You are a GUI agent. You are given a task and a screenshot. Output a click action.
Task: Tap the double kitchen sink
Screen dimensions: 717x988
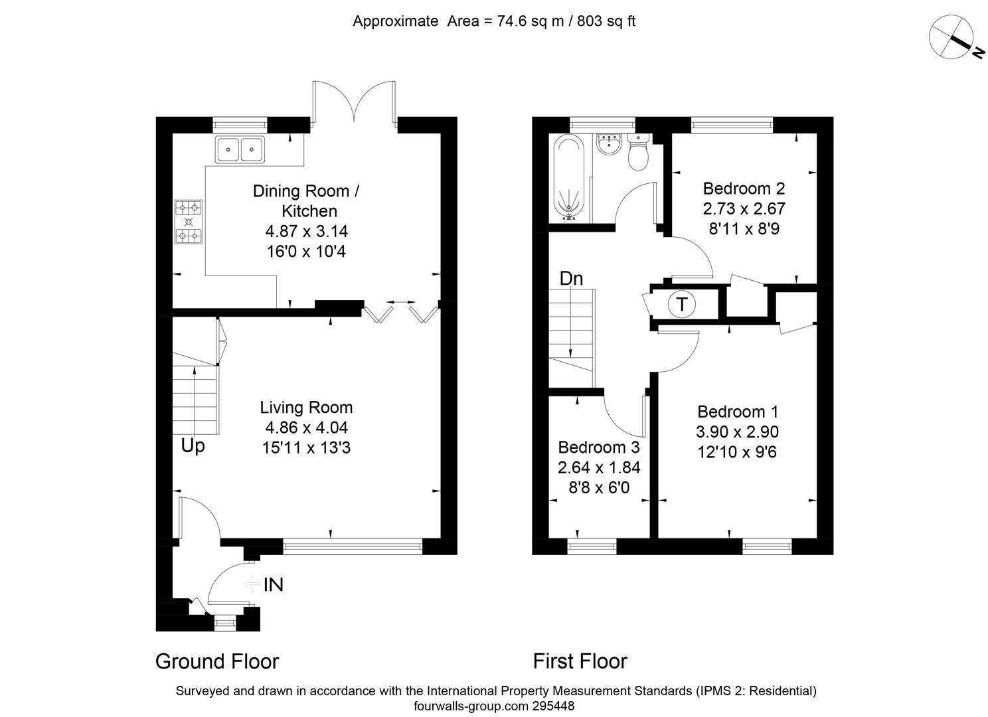click(x=240, y=149)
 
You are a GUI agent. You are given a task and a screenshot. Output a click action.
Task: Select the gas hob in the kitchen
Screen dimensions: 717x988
click(x=188, y=222)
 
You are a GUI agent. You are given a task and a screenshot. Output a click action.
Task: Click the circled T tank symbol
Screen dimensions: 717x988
click(x=681, y=305)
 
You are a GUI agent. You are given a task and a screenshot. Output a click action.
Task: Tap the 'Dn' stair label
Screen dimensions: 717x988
click(x=571, y=279)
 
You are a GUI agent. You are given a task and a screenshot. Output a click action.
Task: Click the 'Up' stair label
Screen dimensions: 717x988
click(x=193, y=446)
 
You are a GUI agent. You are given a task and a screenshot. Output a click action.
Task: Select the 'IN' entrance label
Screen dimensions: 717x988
click(x=274, y=585)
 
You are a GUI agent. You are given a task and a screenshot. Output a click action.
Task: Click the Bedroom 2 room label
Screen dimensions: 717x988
click(x=744, y=188)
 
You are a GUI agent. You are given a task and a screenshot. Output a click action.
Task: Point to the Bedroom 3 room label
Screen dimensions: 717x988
click(x=598, y=447)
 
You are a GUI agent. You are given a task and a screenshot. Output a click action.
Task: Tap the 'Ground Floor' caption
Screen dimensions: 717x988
click(x=217, y=661)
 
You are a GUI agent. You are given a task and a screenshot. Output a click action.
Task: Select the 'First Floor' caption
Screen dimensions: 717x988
click(x=580, y=661)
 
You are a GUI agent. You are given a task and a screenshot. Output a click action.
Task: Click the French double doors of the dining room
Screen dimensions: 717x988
click(x=355, y=103)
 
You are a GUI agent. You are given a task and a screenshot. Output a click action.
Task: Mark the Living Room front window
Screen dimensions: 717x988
click(x=352, y=546)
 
